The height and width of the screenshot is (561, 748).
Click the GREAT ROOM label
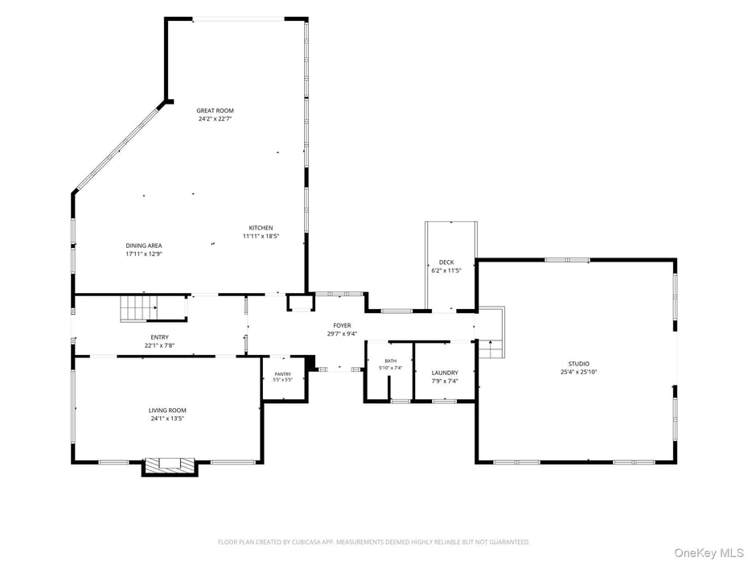(215, 111)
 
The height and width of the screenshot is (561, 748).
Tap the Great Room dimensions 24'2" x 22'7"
(215, 119)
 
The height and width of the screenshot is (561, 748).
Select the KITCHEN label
(261, 229)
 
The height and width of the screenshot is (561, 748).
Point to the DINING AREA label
(144, 245)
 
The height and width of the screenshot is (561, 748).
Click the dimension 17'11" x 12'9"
(144, 254)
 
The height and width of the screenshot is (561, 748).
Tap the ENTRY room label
(159, 337)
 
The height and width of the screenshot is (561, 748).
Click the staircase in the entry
(138, 308)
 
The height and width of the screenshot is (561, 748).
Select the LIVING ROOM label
(167, 410)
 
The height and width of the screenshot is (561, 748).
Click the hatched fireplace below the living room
(170, 465)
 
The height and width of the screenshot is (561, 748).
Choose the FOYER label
(342, 326)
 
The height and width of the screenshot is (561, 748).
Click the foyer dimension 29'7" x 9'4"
(342, 334)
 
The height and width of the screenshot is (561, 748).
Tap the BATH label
(391, 361)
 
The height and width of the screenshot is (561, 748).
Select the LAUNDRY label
(445, 373)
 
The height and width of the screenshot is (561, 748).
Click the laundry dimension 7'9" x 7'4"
(445, 381)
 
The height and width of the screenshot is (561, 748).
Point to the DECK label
(446, 262)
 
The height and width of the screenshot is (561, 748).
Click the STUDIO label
(578, 364)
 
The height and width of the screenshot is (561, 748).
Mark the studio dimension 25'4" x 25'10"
(578, 372)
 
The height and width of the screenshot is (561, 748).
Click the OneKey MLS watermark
(709, 553)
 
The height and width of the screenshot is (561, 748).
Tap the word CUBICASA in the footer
(308, 542)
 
